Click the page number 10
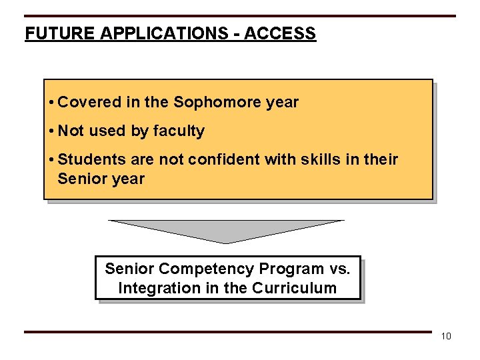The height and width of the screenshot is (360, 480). pyautogui.click(x=446, y=336)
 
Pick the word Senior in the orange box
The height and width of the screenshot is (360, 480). pyautogui.click(x=79, y=179)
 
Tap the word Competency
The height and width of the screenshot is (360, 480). pyautogui.click(x=207, y=269)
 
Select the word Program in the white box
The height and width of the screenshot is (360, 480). pyautogui.click(x=292, y=269)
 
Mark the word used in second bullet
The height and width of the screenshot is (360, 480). pyautogui.click(x=108, y=131)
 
